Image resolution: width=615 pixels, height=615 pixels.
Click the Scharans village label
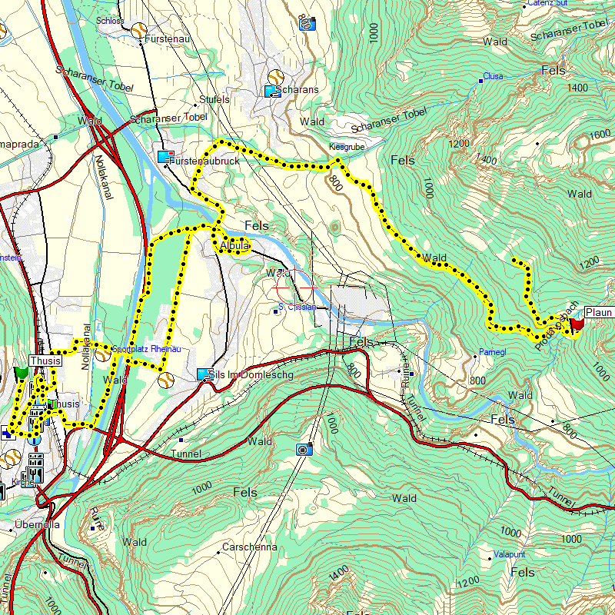pos(300,90)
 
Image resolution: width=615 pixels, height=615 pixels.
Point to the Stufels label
pos(214,100)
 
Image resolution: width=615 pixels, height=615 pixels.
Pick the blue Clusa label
pos(493,77)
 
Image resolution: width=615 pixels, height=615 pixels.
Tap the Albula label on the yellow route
pos(235,246)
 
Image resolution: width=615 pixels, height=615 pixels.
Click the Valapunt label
pos(509,554)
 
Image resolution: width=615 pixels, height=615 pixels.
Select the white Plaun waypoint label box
pos(599,312)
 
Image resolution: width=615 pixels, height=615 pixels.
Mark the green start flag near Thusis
pos(21,373)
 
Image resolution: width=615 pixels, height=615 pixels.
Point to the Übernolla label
pos(37,526)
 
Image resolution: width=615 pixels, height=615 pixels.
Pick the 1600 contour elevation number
pos(600,135)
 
